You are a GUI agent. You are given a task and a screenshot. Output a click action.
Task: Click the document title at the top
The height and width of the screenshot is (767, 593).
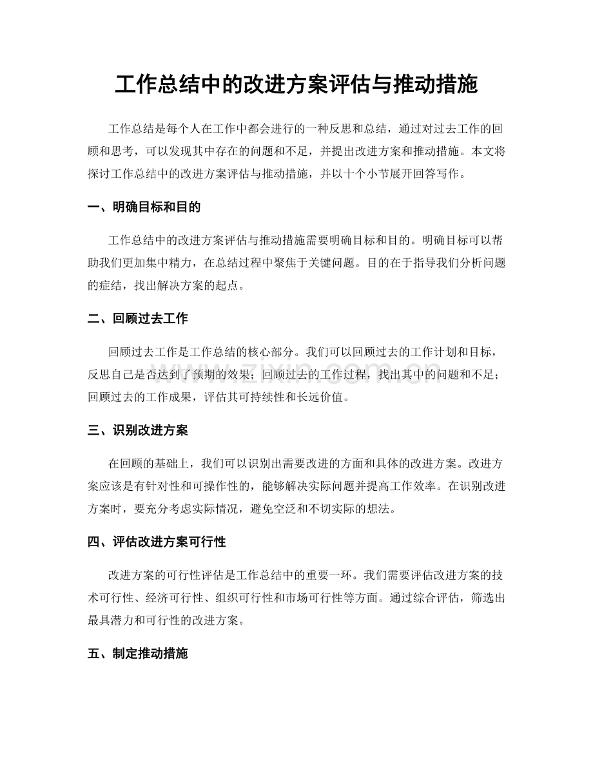296,85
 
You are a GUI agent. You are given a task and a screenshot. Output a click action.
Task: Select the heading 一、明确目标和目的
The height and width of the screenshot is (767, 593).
144,207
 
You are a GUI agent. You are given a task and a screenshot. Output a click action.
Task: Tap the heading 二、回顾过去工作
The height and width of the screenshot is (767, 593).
138,319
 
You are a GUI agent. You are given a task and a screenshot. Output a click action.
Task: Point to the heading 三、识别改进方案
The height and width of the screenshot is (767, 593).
138,430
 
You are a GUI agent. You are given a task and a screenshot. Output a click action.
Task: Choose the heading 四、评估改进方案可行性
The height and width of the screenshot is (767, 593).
157,542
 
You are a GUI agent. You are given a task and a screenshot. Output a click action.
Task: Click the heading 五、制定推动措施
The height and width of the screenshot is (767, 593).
138,654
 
